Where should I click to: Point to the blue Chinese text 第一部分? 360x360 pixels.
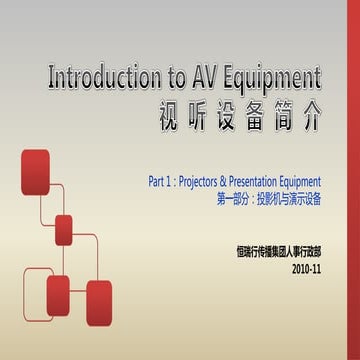pos(232,200)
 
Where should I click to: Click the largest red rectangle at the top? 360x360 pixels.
pos(35,171)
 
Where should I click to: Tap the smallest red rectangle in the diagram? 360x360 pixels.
pos(64,229)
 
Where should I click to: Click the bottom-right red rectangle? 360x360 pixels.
pos(99,302)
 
